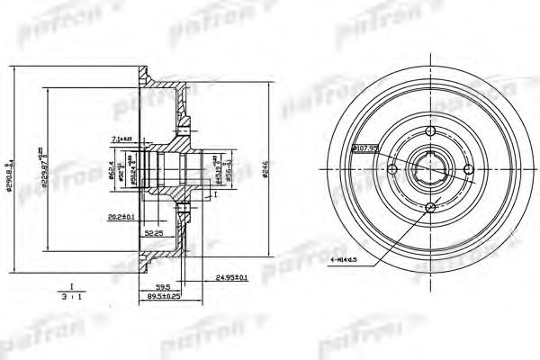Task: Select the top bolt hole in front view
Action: coord(430,133)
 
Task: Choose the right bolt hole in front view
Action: coord(468,171)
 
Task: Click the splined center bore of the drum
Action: coord(430,171)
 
